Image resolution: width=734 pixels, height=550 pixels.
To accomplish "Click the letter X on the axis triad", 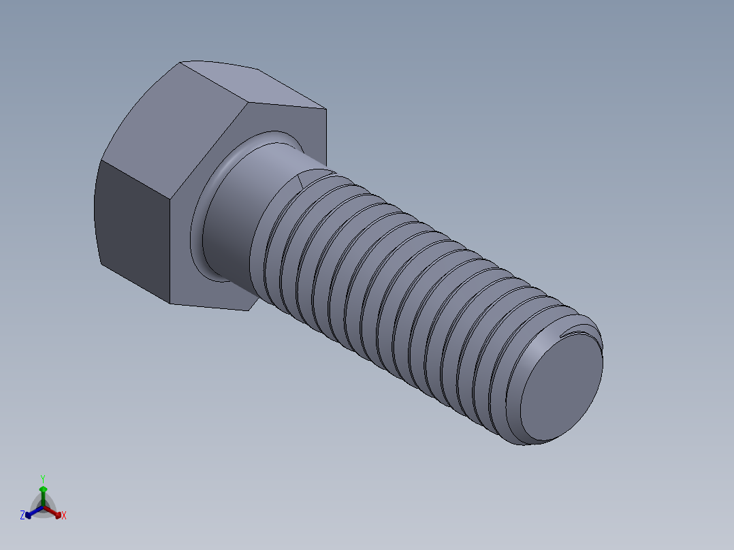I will (64, 516).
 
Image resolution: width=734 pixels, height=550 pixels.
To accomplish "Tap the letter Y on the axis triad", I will (42, 479).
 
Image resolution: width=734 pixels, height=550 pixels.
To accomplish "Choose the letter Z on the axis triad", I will (22, 516).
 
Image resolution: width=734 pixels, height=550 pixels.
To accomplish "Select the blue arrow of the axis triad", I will (31, 513).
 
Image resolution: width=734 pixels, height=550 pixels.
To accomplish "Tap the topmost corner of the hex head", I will (181, 63).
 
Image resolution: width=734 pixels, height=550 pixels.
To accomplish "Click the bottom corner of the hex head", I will (172, 304).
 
